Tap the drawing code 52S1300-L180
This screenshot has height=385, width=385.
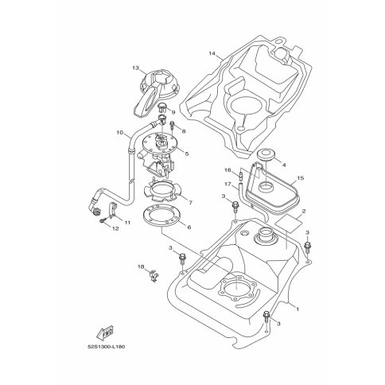point(106,347)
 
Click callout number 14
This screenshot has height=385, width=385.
point(212,53)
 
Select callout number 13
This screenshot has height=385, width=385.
point(135,68)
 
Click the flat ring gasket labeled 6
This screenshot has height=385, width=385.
point(161,216)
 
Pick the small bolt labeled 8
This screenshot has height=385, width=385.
point(173,126)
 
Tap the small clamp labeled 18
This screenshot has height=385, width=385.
point(154,275)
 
